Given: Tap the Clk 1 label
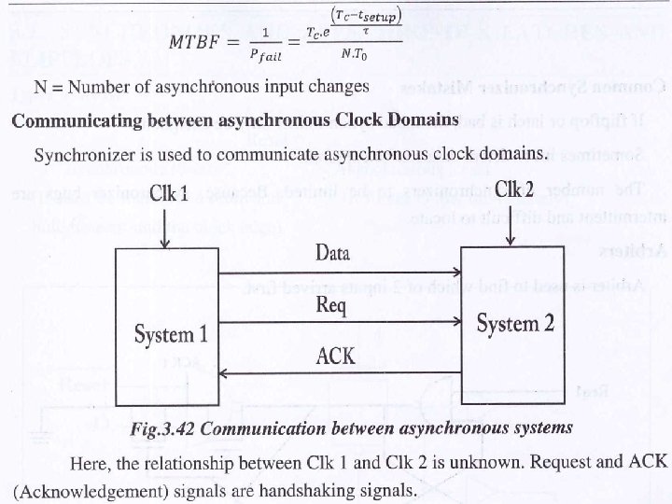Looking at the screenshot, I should click(169, 194).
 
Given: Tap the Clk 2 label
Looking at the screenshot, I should click(513, 189).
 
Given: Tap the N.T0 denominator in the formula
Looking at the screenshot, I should click(353, 55).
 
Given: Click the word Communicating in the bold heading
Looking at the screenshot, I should click(69, 120).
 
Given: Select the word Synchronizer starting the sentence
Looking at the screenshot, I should click(81, 152).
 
